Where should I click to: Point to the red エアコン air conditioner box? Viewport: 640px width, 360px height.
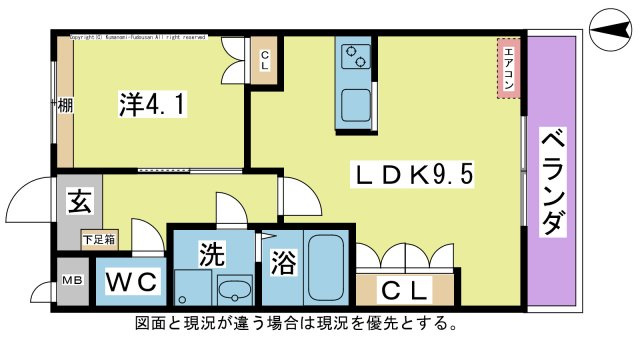[509, 69]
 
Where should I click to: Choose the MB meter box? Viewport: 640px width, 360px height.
[73, 281]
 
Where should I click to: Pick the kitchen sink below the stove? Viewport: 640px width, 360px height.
[355, 103]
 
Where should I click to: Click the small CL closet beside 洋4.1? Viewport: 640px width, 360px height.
[265, 60]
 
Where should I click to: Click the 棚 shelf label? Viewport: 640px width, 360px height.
[64, 104]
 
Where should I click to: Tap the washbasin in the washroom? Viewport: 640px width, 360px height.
[234, 291]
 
